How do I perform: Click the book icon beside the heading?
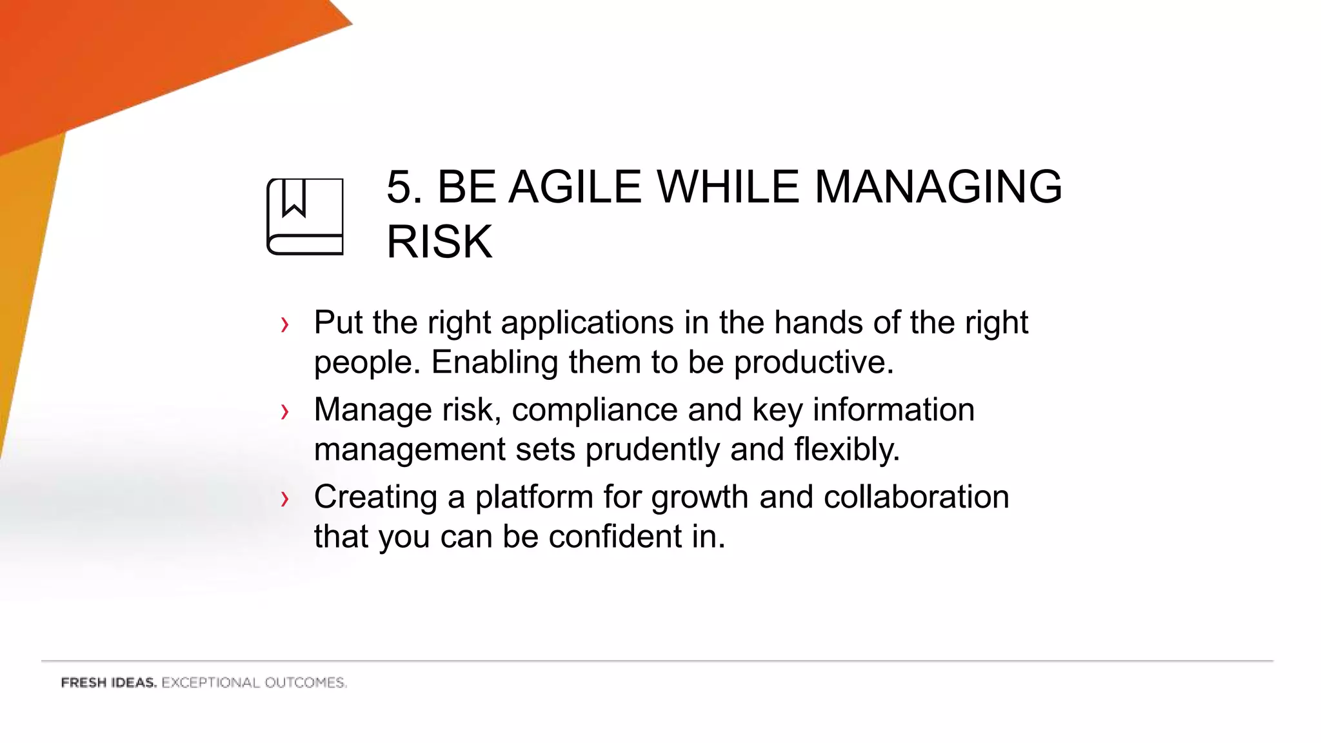point(305,217)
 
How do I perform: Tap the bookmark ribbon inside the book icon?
point(294,197)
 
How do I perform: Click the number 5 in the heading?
point(399,188)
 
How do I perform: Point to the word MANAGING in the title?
point(938,188)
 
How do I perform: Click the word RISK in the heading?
point(439,242)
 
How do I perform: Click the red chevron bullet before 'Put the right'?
point(284,324)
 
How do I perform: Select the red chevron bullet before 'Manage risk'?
point(284,411)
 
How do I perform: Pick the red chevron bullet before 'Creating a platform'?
point(284,499)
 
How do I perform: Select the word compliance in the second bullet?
point(594,410)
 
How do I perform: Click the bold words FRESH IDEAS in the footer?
point(108,683)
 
